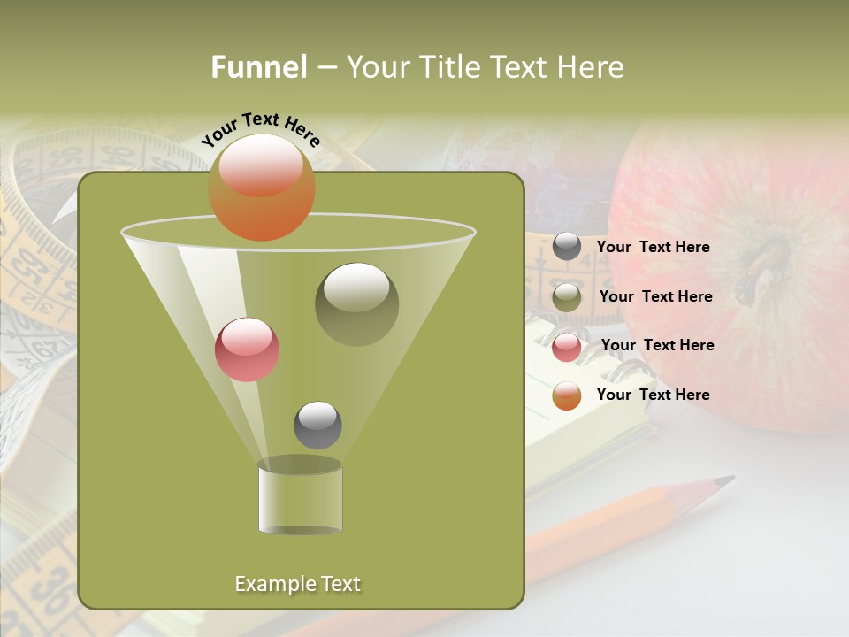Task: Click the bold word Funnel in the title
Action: (x=259, y=67)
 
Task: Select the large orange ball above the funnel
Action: (x=262, y=188)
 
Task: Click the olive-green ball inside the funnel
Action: (x=356, y=303)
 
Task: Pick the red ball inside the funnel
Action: (x=247, y=349)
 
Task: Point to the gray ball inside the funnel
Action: (x=317, y=425)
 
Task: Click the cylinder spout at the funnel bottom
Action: (x=300, y=497)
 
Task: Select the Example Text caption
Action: (x=297, y=584)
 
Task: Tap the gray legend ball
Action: (x=567, y=247)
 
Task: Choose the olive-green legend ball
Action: (x=567, y=297)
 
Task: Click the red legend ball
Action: (x=567, y=347)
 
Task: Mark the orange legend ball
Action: (x=567, y=395)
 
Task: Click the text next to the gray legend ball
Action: (x=653, y=247)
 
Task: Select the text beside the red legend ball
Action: (x=657, y=345)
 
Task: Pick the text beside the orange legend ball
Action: (x=653, y=395)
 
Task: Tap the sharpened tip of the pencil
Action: (x=725, y=480)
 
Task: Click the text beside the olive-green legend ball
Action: (x=655, y=296)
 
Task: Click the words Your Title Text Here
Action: (x=485, y=67)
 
